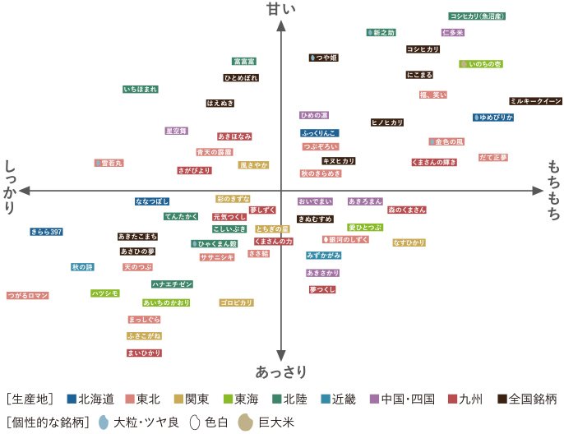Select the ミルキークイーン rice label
[535, 101]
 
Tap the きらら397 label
[47, 232]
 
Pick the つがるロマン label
[29, 295]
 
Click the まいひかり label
[144, 353]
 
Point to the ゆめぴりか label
[493, 118]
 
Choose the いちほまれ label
[141, 89]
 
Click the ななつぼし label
[152, 201]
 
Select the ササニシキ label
[217, 257]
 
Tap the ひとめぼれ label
[241, 78]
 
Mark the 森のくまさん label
[407, 210]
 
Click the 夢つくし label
[322, 289]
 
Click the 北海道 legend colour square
[72, 399]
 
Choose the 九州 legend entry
[464, 399]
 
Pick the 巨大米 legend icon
[245, 423]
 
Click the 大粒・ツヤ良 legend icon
[103, 423]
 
